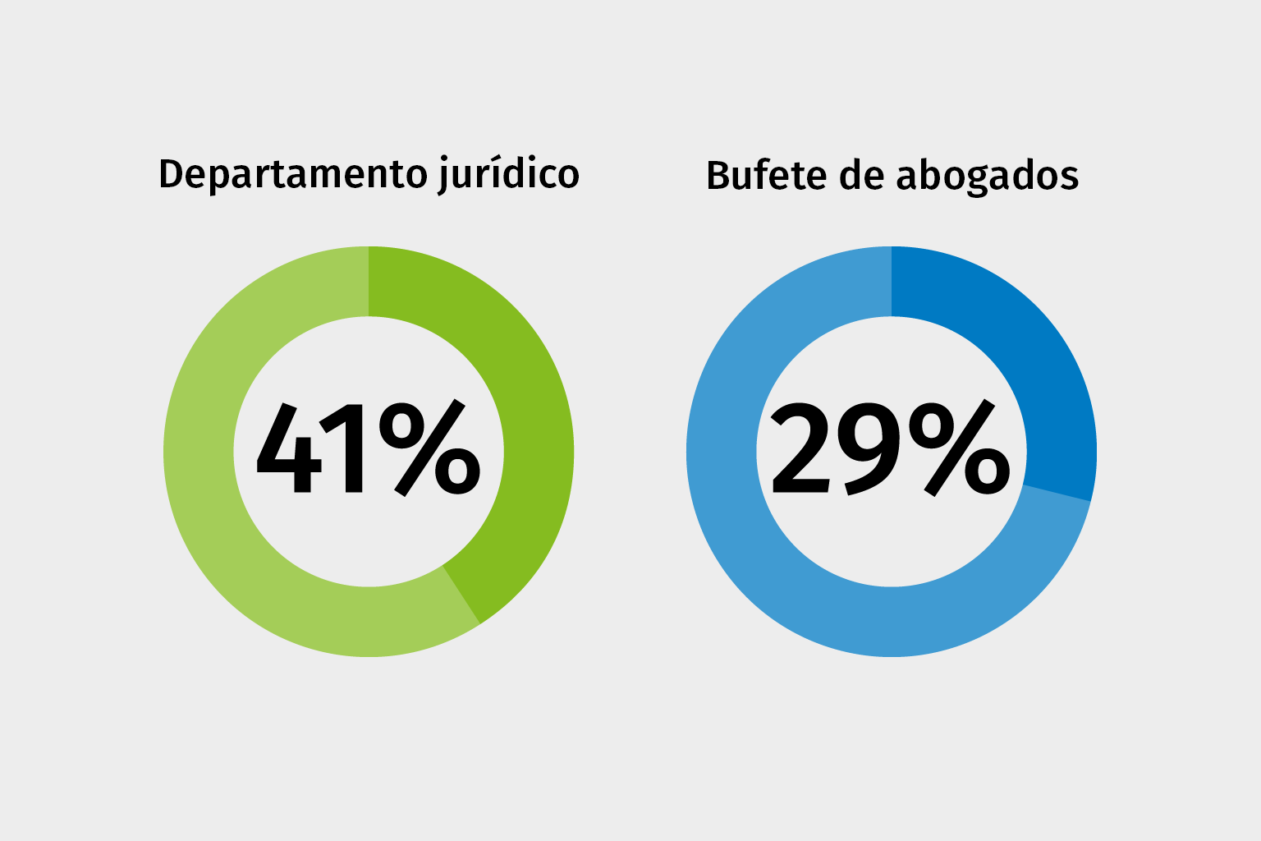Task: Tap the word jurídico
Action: (x=508, y=175)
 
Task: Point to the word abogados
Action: (x=987, y=177)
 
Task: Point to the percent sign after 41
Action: (x=429, y=448)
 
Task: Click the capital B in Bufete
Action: (x=718, y=176)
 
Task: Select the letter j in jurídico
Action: (x=444, y=176)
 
